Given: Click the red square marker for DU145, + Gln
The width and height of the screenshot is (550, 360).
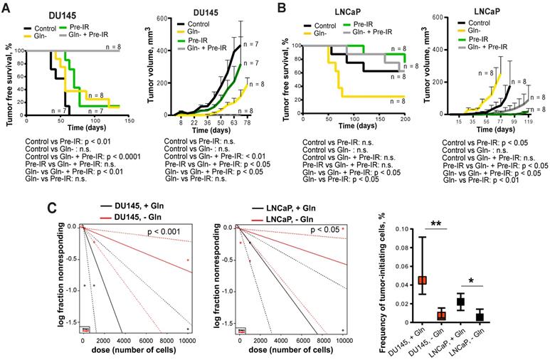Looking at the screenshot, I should (x=421, y=280).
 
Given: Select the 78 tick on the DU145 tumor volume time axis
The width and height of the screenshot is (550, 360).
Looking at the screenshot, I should (x=256, y=121).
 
